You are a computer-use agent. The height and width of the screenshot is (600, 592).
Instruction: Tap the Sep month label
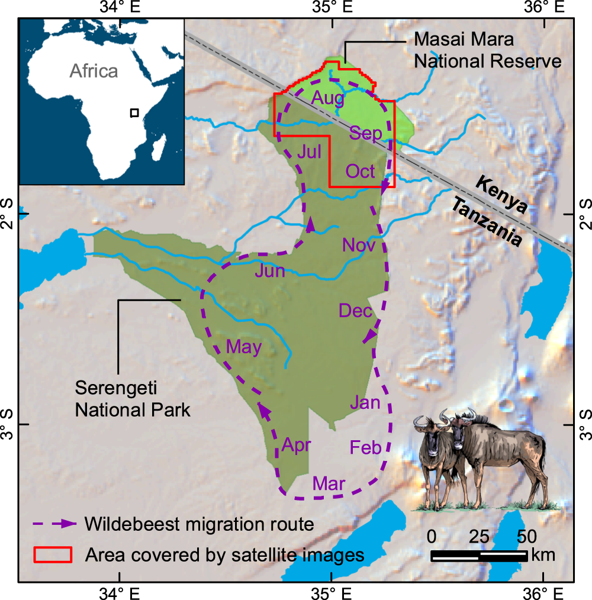(x=365, y=133)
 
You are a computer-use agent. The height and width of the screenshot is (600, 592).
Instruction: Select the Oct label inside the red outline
(x=361, y=171)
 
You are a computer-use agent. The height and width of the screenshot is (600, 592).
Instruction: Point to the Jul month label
(x=309, y=152)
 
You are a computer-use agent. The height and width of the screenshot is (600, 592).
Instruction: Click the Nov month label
(x=359, y=245)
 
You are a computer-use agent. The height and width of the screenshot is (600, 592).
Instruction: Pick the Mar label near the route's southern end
(x=329, y=483)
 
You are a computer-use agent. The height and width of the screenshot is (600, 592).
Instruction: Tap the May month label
(x=244, y=347)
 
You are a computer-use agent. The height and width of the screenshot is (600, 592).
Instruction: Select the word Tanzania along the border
(x=488, y=222)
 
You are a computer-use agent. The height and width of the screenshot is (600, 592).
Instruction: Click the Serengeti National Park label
(x=133, y=398)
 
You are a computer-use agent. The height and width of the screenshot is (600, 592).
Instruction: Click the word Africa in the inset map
(x=94, y=71)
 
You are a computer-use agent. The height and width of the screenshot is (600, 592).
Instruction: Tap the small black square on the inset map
(x=135, y=112)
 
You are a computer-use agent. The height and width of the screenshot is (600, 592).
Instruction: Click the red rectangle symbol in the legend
(x=53, y=554)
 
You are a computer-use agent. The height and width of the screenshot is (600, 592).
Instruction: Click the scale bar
(x=479, y=556)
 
